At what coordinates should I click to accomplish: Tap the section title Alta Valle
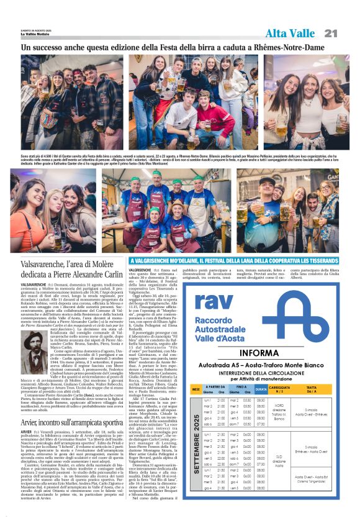(x=290, y=33)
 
